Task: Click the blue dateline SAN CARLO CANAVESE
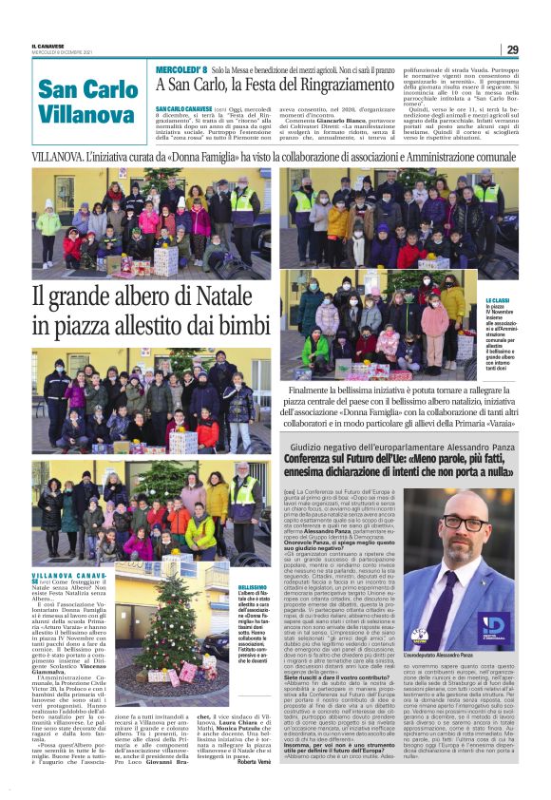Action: click(x=183, y=109)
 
